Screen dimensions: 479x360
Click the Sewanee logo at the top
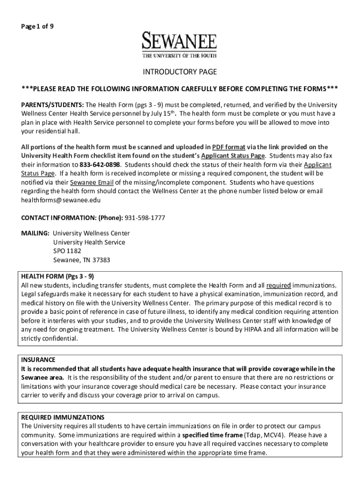(180, 45)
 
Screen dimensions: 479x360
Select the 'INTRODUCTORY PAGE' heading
(180, 72)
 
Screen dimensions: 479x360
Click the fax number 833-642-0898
(100, 165)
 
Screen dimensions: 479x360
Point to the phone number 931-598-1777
(145, 218)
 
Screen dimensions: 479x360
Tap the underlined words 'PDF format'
(229, 147)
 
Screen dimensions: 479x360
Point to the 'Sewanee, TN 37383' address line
(81, 260)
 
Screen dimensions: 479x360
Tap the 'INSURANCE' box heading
(38, 360)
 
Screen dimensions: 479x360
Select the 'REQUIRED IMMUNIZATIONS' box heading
(62, 417)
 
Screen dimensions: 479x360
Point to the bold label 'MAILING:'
(35, 233)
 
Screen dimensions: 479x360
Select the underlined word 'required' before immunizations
(279, 285)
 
